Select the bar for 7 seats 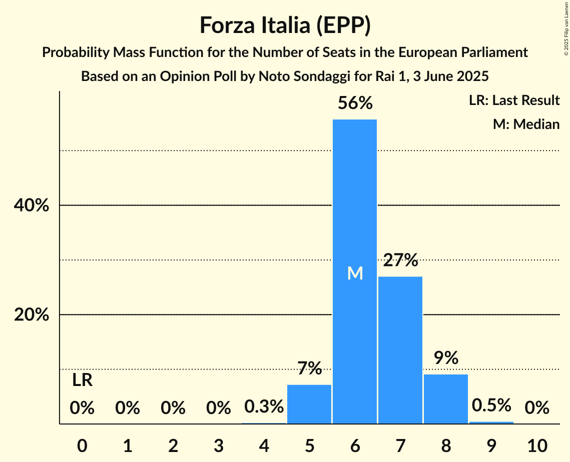click(x=400, y=350)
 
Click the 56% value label click(x=355, y=103)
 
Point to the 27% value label click(x=400, y=260)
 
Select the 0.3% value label click(x=264, y=407)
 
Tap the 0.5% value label click(x=491, y=405)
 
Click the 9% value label click(x=446, y=358)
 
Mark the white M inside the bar click(x=355, y=273)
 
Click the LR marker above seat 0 click(x=82, y=380)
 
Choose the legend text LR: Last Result click(x=514, y=100)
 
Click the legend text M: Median click(x=526, y=124)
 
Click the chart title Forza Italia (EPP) click(x=285, y=25)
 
